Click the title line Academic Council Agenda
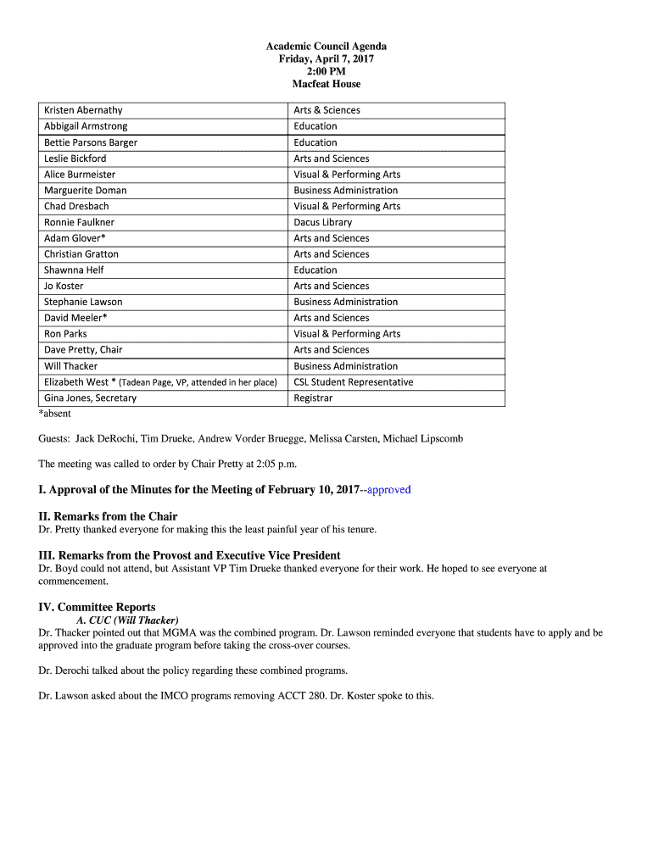point(326,47)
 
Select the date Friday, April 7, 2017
point(326,59)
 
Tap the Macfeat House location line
point(326,84)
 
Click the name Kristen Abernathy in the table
point(83,110)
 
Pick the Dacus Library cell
point(322,222)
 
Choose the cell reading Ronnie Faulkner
point(79,222)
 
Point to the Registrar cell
point(313,398)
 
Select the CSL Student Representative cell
point(353,382)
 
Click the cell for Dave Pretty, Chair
point(83,349)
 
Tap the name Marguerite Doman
point(85,190)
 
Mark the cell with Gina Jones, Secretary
point(90,398)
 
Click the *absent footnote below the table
point(54,414)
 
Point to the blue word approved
point(388,490)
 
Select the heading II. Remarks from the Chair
point(108,516)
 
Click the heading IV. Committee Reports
point(97,607)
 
